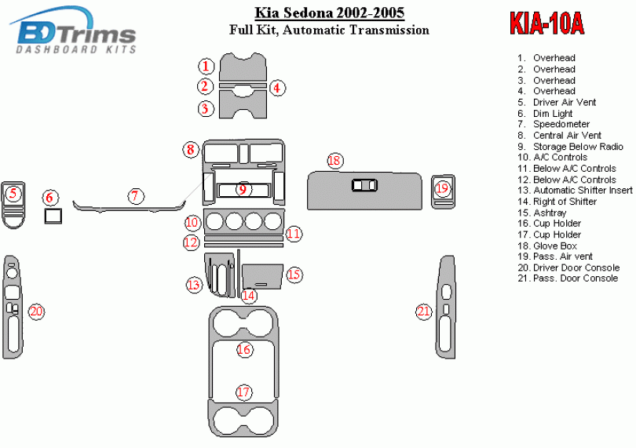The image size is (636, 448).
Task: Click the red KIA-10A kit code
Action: tap(546, 24)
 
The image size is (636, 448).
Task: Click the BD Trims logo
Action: tap(73, 31)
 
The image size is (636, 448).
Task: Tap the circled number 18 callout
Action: tap(335, 161)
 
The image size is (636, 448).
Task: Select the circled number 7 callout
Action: tap(135, 196)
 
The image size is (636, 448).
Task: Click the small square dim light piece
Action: tap(53, 216)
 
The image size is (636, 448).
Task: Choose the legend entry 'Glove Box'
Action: tap(546, 246)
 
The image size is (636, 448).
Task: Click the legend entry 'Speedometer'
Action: tap(554, 125)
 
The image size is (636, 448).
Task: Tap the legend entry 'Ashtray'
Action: tap(542, 213)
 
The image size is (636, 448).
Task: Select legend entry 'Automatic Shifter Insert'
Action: tap(575, 191)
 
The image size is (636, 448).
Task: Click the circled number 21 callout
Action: tap(423, 311)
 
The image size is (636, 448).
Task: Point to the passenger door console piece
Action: tap(445, 307)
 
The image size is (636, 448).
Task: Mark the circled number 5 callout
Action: tap(13, 193)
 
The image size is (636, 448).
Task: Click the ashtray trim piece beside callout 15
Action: tap(262, 276)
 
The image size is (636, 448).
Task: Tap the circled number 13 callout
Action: tap(194, 285)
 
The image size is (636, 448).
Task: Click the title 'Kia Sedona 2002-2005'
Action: tap(329, 13)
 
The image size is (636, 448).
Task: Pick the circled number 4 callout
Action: tap(277, 88)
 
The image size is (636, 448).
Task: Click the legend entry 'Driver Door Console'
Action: tap(568, 268)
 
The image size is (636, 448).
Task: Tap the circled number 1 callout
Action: tap(206, 66)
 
